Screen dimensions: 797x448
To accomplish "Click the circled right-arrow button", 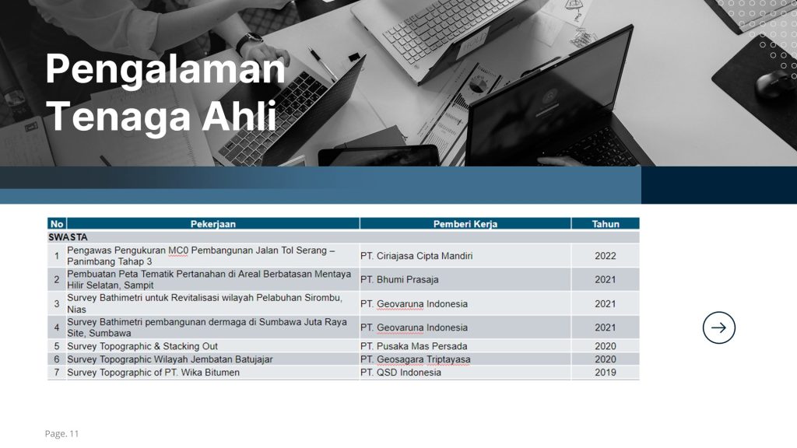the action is [718, 327].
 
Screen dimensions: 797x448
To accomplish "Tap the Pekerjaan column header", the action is [213, 224].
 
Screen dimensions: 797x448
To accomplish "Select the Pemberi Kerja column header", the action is [465, 224].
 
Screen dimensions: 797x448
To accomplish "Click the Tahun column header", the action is [606, 224].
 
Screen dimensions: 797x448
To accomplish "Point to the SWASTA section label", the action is [68, 237].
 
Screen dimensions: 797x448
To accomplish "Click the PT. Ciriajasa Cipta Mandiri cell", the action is [416, 256].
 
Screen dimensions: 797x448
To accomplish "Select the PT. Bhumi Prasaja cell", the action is [399, 280].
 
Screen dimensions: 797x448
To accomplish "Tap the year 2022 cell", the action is [606, 256].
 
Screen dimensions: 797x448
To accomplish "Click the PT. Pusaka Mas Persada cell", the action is [414, 346].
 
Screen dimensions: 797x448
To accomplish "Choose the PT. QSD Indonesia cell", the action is [401, 373].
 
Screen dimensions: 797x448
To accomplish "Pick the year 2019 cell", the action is [606, 373].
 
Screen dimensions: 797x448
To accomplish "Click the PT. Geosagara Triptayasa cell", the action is [416, 359].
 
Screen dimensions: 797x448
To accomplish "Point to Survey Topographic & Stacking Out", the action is [142, 346].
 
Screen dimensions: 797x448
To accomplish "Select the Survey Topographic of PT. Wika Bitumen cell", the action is [153, 373].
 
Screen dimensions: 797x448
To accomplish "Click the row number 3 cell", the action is [56, 304].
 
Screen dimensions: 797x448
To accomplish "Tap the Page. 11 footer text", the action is [61, 434].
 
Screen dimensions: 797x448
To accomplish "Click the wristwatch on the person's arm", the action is [248, 43].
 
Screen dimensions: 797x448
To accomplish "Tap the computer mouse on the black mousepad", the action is [772, 83].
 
